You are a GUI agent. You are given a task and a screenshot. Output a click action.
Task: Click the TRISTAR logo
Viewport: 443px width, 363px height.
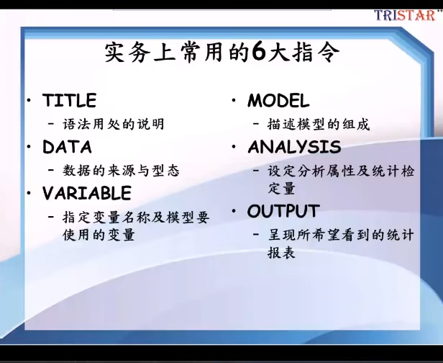(x=405, y=15)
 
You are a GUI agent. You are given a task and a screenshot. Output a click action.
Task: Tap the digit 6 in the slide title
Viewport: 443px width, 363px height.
(x=259, y=53)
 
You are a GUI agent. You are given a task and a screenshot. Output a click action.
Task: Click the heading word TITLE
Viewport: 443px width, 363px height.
(x=70, y=100)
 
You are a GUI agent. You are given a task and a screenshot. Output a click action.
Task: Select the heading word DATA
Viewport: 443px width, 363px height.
(x=67, y=147)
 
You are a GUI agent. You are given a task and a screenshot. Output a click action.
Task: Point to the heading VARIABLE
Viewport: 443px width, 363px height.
(x=87, y=193)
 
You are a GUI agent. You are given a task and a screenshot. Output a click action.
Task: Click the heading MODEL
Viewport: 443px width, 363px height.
(x=278, y=100)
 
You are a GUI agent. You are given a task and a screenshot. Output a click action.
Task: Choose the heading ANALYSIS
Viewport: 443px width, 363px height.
(x=294, y=147)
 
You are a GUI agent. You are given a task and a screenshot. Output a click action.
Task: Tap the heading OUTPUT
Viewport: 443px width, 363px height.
(x=283, y=211)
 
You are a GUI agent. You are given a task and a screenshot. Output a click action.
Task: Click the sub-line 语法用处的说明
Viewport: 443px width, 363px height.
(x=114, y=124)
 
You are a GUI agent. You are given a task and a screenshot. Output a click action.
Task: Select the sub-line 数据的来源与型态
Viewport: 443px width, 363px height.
(x=121, y=171)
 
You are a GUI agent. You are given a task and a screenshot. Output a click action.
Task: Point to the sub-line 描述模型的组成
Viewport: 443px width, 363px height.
(x=319, y=124)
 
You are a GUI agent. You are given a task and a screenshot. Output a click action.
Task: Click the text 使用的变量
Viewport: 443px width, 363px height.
(x=99, y=235)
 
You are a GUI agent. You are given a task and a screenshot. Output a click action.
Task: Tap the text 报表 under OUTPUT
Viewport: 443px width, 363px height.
(x=281, y=252)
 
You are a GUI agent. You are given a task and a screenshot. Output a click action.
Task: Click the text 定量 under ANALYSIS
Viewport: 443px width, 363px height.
(x=281, y=189)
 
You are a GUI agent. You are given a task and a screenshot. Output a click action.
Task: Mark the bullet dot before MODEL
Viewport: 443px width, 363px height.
(x=234, y=100)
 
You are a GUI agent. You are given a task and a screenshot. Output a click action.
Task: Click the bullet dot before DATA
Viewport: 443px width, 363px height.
(x=29, y=146)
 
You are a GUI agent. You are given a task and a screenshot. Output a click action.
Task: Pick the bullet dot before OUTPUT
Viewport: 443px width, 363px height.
(x=234, y=211)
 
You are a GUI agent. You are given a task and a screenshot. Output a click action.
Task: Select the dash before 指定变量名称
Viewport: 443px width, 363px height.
(x=51, y=217)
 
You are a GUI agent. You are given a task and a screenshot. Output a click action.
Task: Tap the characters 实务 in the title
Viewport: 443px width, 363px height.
(x=127, y=53)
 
